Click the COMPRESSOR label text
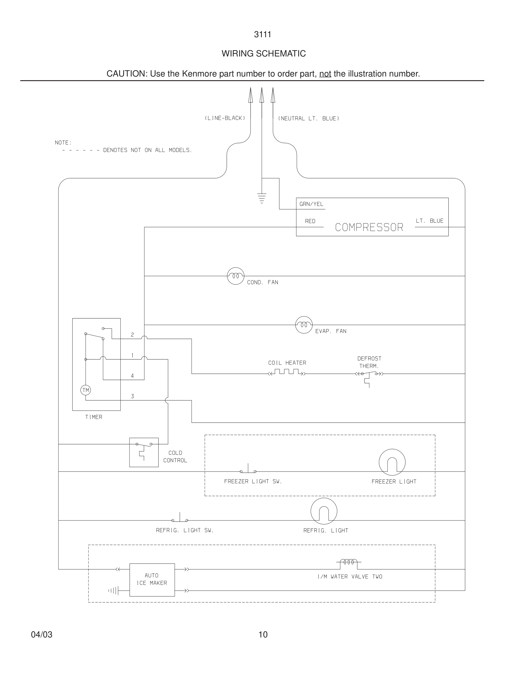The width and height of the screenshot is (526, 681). [x=369, y=227]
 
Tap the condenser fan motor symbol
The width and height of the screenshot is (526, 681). [x=235, y=276]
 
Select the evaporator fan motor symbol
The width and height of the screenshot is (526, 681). [x=304, y=325]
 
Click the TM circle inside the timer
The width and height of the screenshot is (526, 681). [x=85, y=390]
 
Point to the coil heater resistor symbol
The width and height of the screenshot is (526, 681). [x=287, y=372]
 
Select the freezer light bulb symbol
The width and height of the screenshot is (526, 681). [x=392, y=462]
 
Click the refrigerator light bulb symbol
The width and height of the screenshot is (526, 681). [x=324, y=511]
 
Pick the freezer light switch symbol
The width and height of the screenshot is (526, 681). [x=248, y=470]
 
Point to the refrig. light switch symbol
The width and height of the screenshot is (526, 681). [x=180, y=519]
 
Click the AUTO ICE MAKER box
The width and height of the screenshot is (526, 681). [x=152, y=580]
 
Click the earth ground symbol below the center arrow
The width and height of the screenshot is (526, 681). [x=262, y=198]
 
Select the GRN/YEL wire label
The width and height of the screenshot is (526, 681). [x=311, y=204]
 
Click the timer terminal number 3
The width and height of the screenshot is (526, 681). [x=132, y=396]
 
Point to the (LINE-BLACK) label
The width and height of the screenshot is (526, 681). [x=225, y=118]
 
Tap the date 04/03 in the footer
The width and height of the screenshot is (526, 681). [x=42, y=635]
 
